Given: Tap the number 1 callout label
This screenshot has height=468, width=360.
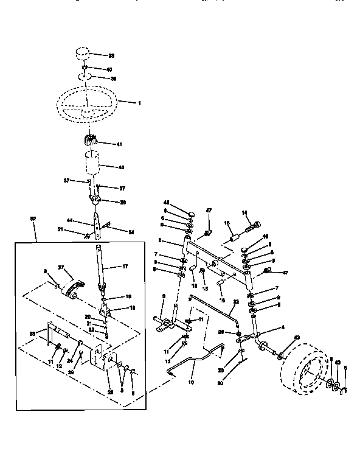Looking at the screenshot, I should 139,103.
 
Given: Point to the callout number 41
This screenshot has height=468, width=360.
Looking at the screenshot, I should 119,144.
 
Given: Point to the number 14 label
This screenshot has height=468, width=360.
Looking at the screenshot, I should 246,212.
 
